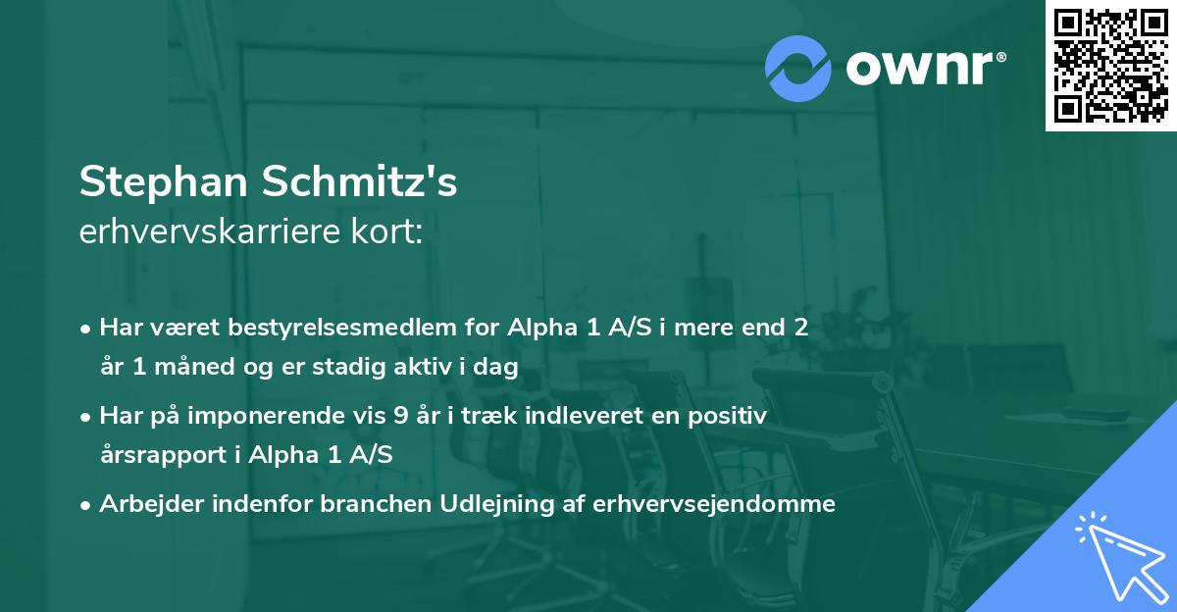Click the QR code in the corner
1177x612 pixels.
point(1110,66)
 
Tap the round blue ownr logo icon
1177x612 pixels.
point(796,68)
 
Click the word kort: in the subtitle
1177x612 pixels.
point(390,232)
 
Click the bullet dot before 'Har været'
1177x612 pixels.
point(86,329)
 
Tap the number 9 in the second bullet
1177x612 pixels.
point(400,416)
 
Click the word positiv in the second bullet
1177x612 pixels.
point(732,416)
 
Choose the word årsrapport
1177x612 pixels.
point(162,455)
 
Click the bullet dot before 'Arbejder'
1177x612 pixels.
point(86,505)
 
